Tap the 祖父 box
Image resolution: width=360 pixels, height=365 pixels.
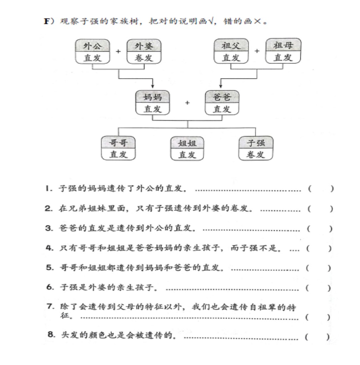point(231,52)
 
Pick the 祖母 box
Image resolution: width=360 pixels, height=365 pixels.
point(283,52)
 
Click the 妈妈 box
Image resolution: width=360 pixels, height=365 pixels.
point(152,103)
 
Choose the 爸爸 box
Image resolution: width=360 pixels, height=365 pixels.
point(222,103)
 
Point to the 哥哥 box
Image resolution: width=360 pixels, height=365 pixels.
point(118,148)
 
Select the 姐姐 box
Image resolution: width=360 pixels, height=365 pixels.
point(187,148)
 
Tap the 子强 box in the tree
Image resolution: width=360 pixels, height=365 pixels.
point(256,148)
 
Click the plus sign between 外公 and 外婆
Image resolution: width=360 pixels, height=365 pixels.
point(118,51)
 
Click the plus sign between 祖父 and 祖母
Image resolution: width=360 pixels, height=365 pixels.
point(257,51)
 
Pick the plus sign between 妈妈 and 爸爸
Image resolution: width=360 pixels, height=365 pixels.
point(187,103)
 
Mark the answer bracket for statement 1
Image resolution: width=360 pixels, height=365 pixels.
point(320,189)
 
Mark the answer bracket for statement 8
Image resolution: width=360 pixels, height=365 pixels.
point(318,337)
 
